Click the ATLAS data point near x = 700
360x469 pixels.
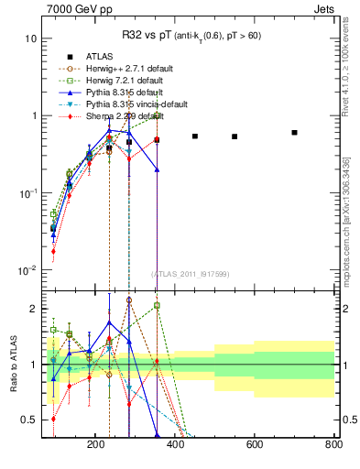point(294,133)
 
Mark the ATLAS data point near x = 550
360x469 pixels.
point(235,136)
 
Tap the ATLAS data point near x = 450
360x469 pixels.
point(195,136)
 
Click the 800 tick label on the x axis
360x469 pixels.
point(333,444)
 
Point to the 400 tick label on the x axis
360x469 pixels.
point(175,444)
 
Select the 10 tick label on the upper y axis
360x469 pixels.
point(30,39)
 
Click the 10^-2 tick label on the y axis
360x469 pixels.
point(27,270)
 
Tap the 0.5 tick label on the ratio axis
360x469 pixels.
point(28,420)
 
